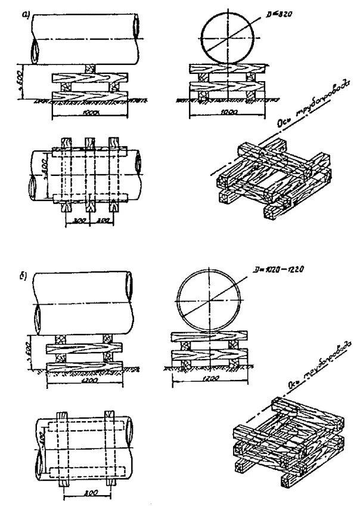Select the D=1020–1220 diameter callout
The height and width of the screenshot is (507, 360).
click(275, 270)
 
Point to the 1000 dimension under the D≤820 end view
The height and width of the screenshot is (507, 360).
click(226, 112)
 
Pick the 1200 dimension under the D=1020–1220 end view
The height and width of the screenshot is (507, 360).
click(209, 379)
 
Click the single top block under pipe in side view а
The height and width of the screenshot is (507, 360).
click(89, 69)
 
